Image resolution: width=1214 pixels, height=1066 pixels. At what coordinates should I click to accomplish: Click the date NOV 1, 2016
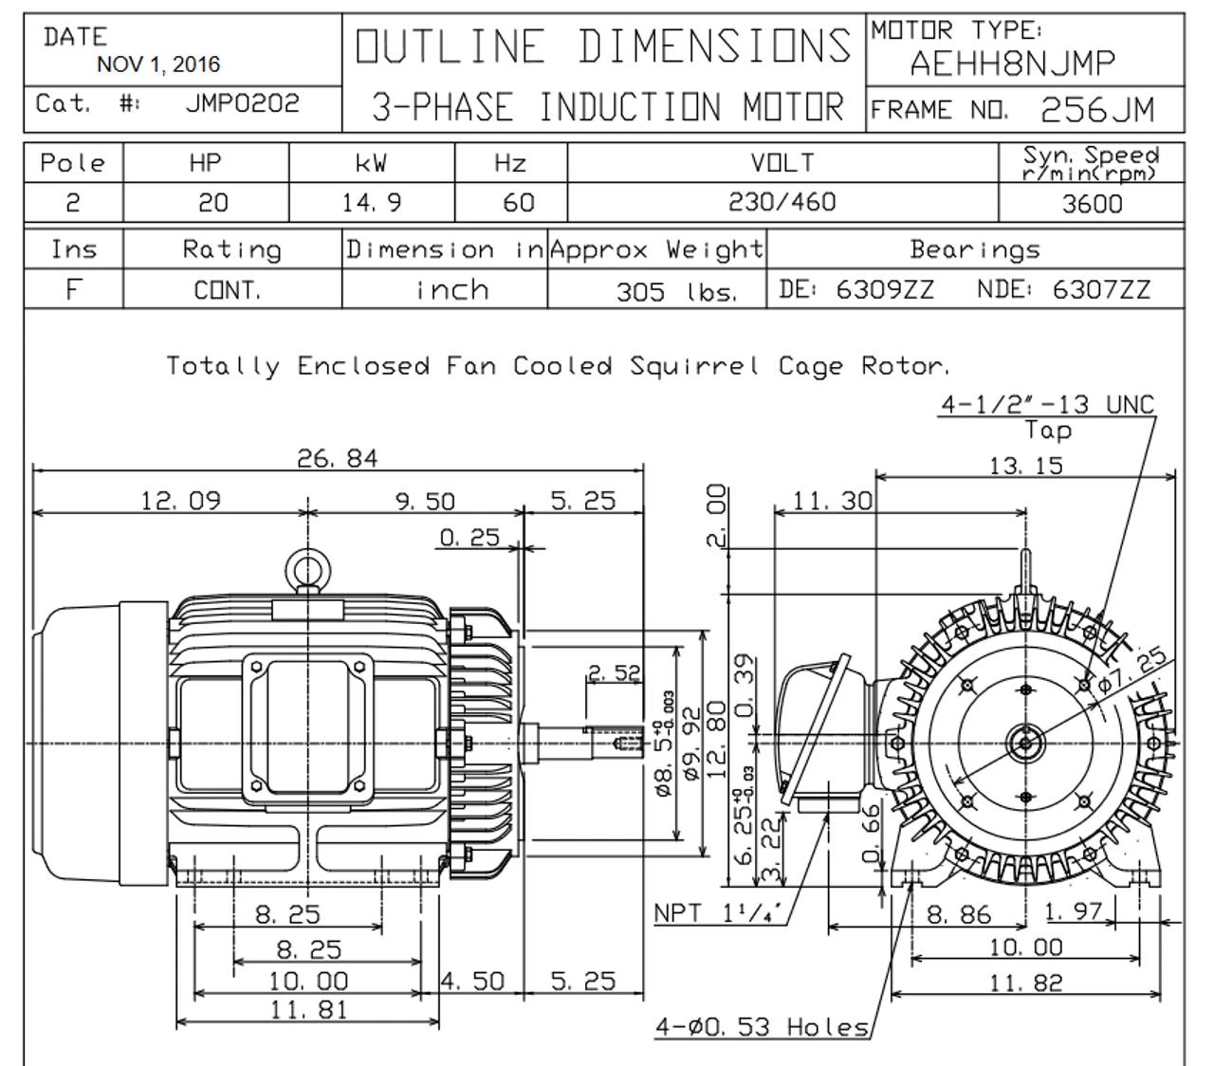[x=158, y=64]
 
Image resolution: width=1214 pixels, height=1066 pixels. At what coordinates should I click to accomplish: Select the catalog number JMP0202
[x=243, y=103]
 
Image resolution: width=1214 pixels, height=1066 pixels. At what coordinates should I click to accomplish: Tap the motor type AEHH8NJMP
[x=1012, y=64]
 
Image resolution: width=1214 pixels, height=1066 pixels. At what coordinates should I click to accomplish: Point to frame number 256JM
[x=1097, y=111]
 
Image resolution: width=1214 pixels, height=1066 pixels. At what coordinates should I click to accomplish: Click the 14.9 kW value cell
[x=371, y=203]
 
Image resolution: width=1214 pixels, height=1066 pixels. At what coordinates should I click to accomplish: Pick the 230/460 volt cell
[x=782, y=203]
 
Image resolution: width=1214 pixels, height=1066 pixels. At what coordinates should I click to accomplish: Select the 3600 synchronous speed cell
[x=1092, y=204]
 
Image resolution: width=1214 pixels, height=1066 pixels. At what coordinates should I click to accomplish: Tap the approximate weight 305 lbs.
[x=676, y=291]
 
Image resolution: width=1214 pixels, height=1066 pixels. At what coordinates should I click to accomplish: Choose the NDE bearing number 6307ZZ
[x=1101, y=289]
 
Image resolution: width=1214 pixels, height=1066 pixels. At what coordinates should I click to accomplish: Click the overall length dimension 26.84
[x=337, y=459]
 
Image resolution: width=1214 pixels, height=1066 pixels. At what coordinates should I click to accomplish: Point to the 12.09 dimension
[x=180, y=501]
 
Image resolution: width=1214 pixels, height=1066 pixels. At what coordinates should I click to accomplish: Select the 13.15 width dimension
[x=1026, y=466]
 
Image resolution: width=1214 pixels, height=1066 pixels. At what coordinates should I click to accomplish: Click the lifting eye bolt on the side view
[x=306, y=571]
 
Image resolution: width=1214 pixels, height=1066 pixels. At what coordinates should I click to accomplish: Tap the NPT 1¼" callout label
[x=718, y=913]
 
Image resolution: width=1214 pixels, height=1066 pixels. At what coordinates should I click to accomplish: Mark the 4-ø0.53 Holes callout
[x=763, y=1026]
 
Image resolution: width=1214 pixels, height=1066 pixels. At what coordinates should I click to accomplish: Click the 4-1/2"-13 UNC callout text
[x=1047, y=405]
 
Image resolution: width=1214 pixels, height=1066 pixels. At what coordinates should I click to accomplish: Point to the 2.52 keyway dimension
[x=614, y=673]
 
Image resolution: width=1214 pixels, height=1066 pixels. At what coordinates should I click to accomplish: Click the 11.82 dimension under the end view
[x=1026, y=983]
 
